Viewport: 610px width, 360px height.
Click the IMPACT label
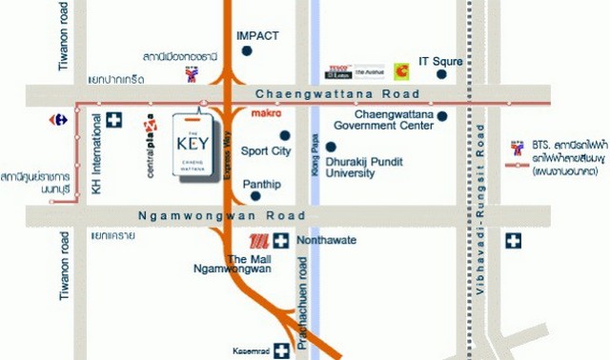tap(257, 35)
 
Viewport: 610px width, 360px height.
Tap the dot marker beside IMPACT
tap(247, 51)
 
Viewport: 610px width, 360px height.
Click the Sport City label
tap(266, 150)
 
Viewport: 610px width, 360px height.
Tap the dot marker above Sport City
tap(283, 134)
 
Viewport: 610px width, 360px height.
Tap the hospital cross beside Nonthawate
tap(283, 240)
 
